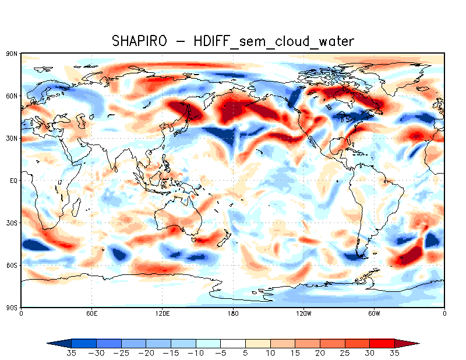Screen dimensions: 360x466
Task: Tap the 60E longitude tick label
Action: (91, 313)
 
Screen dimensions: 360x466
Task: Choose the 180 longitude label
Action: (233, 313)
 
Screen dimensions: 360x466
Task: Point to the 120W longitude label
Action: (303, 313)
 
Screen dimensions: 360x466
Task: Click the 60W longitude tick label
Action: (374, 313)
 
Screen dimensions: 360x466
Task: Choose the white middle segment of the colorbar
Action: (233, 343)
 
